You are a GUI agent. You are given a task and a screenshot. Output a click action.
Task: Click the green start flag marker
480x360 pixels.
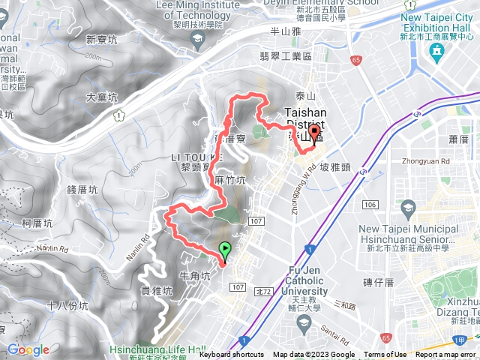(224, 250)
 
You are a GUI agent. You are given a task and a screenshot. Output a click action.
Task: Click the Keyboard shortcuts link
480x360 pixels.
(232, 355)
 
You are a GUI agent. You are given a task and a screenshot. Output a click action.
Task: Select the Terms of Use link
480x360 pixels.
(385, 355)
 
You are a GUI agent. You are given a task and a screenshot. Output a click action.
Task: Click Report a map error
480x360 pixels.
(447, 355)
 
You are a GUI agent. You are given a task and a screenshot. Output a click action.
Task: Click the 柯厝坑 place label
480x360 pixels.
(37, 223)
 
